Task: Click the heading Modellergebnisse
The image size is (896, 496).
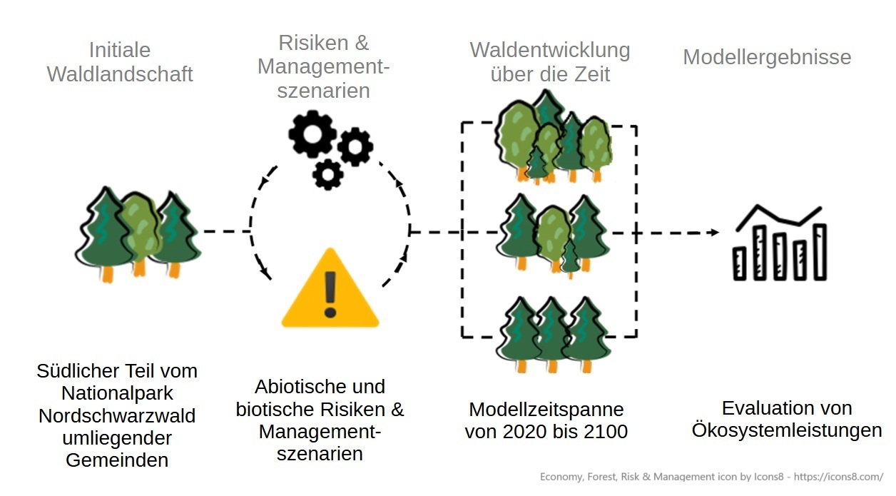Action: click(x=767, y=57)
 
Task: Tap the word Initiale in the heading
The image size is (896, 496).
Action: click(x=120, y=50)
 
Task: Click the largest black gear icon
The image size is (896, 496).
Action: click(x=312, y=133)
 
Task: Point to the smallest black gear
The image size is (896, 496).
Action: click(x=327, y=174)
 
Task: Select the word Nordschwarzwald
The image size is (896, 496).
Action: click(x=117, y=415)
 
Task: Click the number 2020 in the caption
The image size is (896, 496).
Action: click(x=526, y=432)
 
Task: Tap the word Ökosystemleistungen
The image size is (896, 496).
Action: click(x=787, y=430)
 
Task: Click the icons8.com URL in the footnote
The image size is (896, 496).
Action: click(x=838, y=477)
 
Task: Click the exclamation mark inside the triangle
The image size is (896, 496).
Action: click(x=330, y=293)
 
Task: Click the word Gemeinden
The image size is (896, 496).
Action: click(x=117, y=460)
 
